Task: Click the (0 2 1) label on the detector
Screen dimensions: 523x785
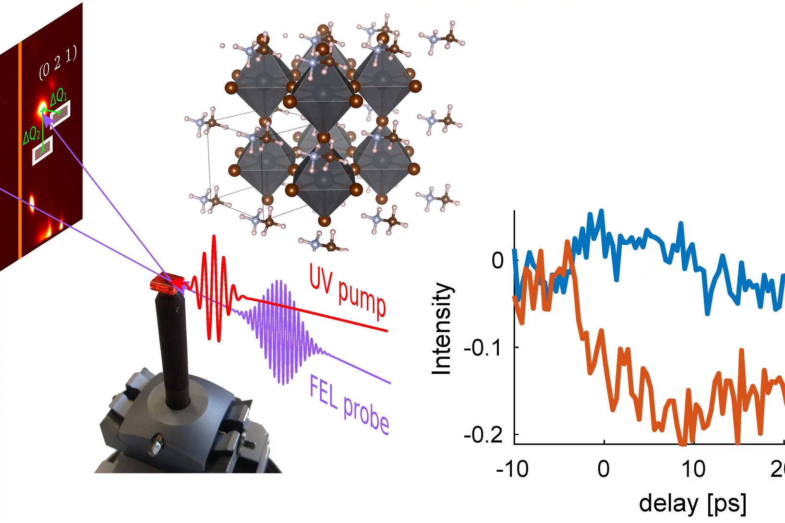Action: click(x=58, y=63)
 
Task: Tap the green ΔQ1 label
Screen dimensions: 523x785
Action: click(x=59, y=96)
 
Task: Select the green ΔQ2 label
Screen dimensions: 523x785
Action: click(x=31, y=136)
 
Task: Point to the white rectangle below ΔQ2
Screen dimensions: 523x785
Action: click(x=42, y=151)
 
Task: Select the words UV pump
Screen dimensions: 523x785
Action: click(x=347, y=291)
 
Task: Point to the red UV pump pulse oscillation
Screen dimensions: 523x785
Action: click(x=214, y=288)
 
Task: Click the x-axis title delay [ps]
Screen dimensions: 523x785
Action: click(x=692, y=503)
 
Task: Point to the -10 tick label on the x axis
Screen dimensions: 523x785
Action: click(x=512, y=469)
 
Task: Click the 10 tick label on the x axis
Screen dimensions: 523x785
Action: click(x=693, y=469)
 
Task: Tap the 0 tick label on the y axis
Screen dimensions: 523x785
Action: click(x=498, y=261)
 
